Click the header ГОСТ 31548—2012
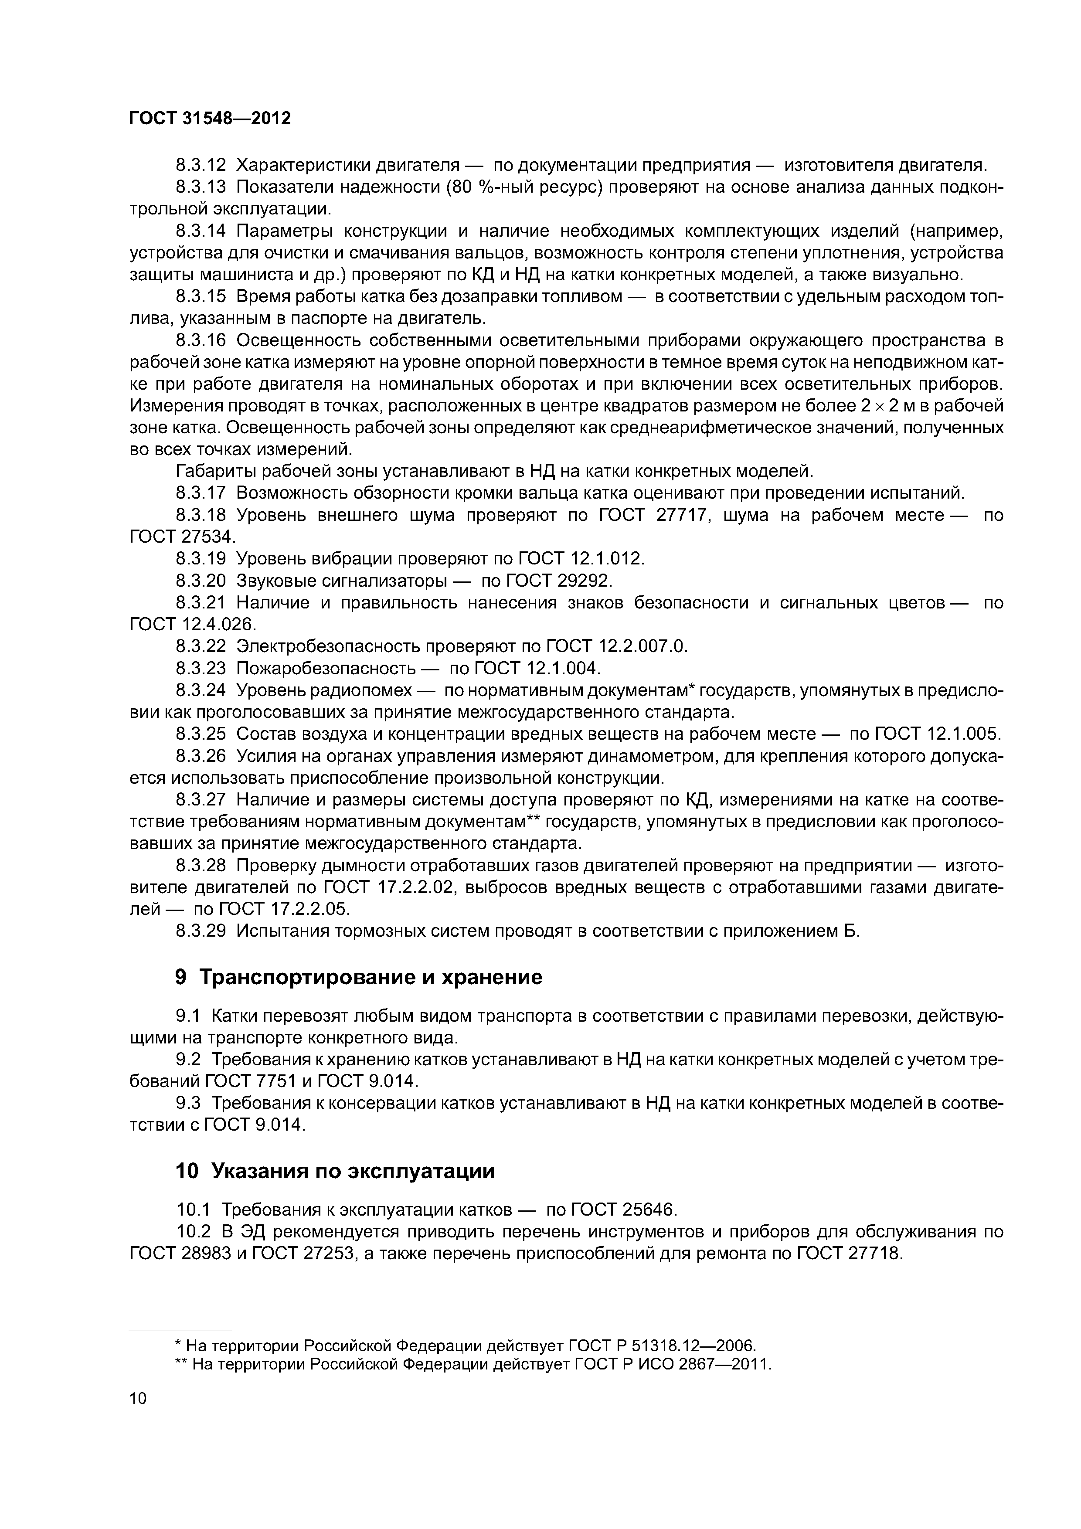click(210, 119)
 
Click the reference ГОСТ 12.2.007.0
click(616, 646)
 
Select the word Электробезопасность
click(329, 646)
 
